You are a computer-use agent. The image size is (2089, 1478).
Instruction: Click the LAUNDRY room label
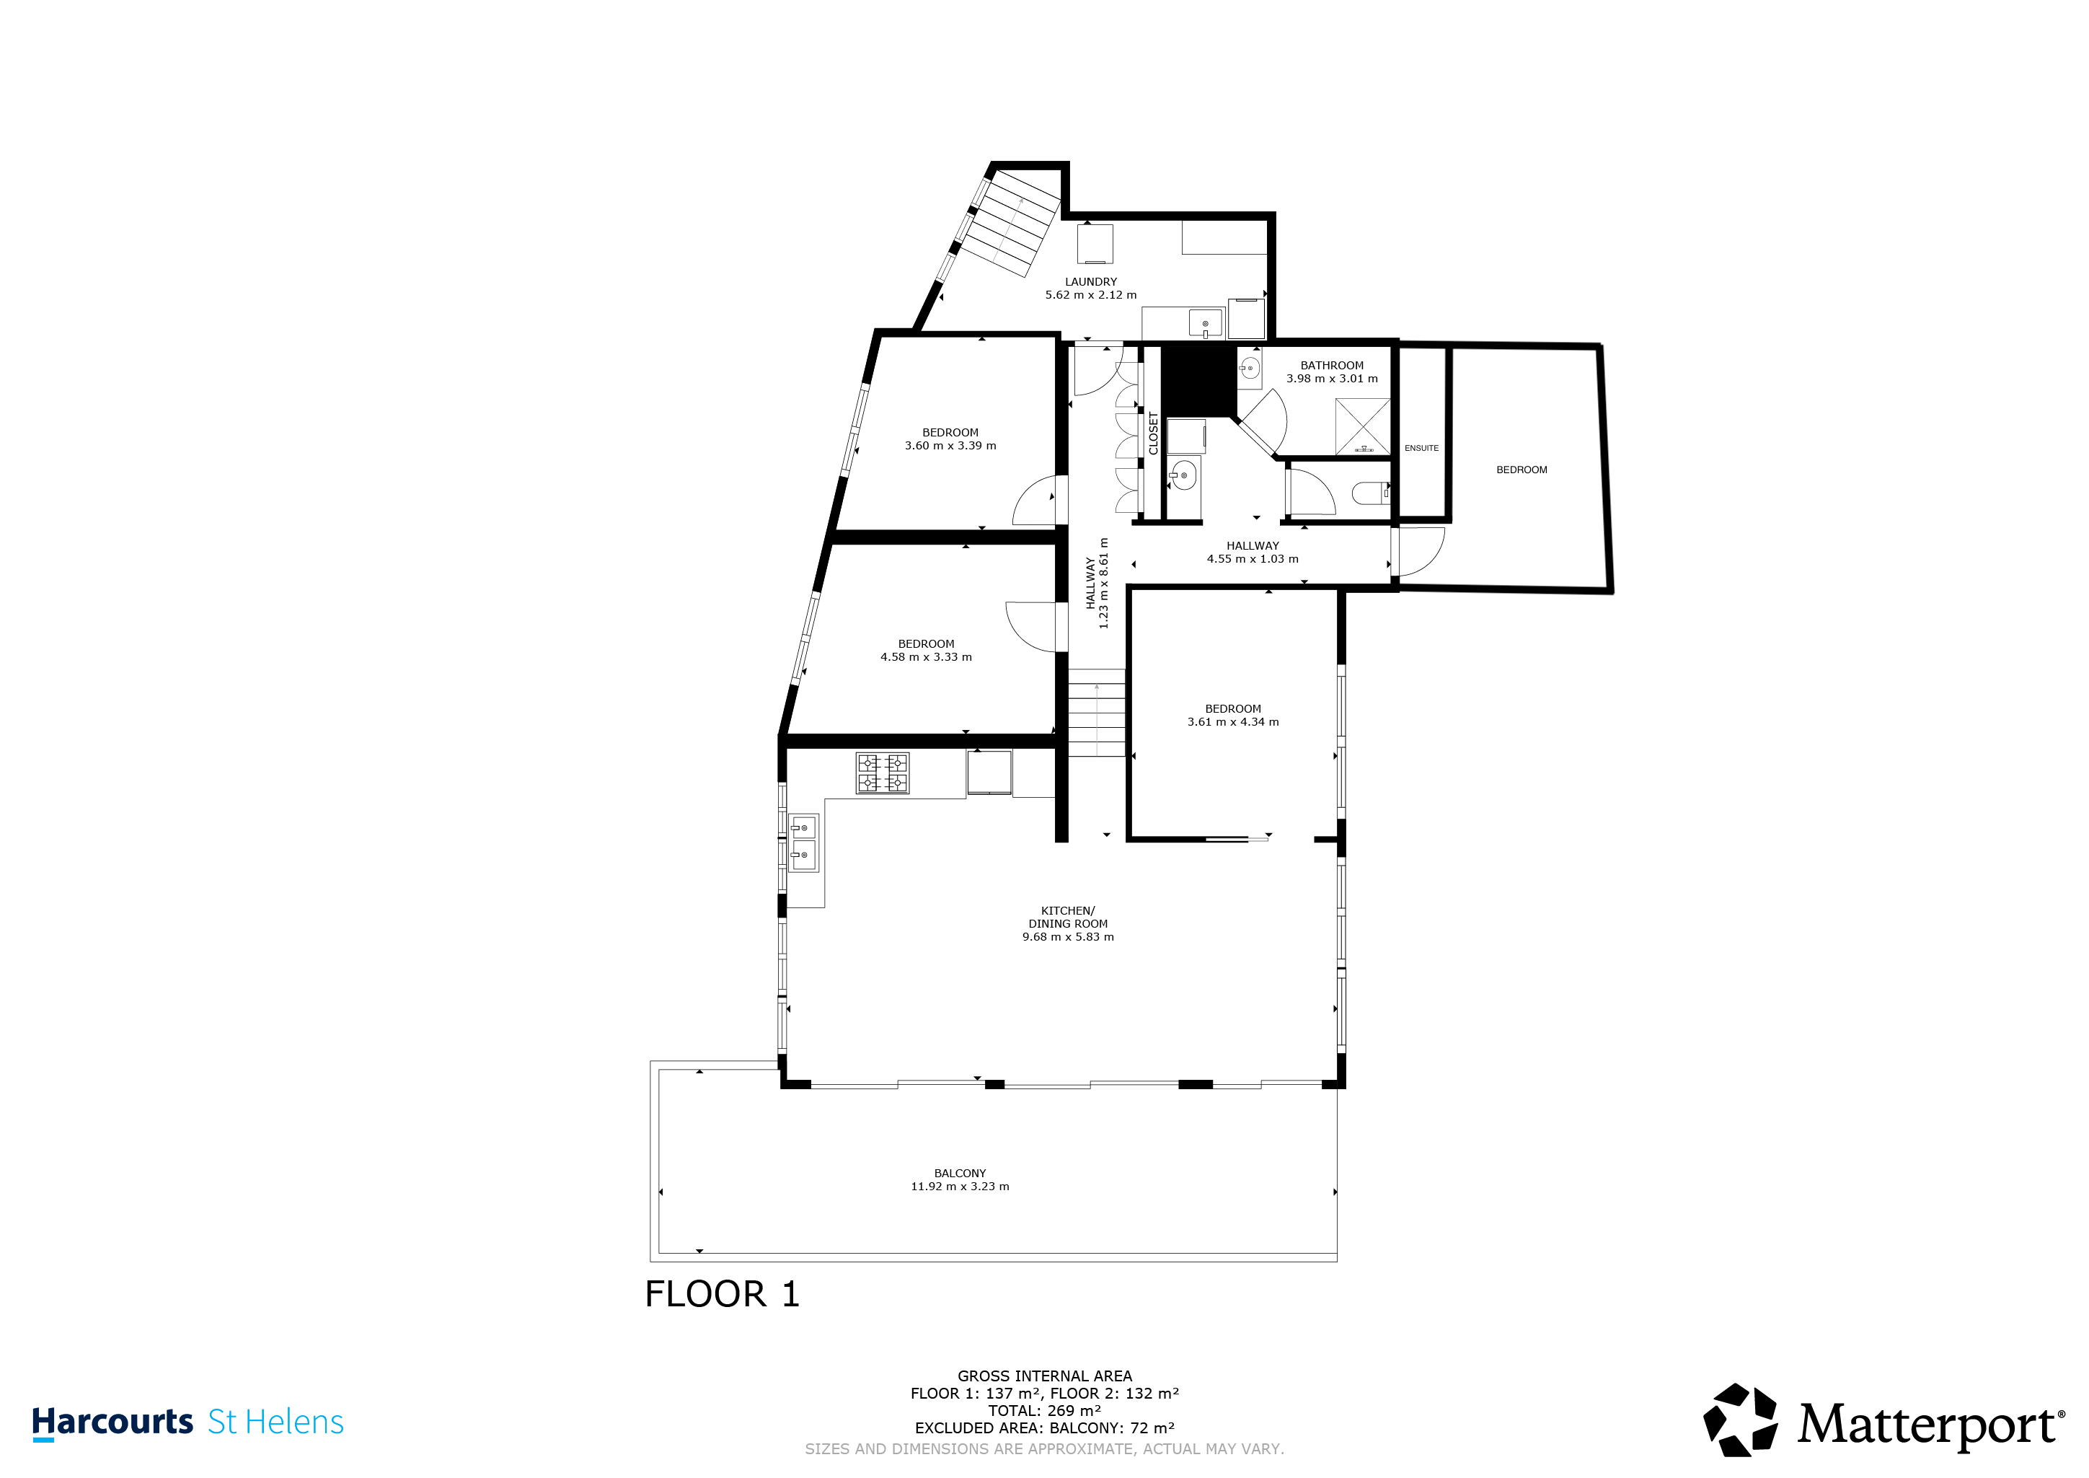1091,282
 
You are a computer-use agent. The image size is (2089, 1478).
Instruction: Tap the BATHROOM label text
1332,366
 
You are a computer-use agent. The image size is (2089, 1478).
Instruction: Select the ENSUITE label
1421,449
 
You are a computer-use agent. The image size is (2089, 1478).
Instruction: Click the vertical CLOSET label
1154,434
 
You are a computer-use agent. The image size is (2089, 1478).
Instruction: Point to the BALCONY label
960,1173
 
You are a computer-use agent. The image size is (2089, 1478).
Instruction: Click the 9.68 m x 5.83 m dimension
1068,936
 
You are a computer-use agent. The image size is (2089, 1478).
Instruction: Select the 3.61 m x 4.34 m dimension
1233,722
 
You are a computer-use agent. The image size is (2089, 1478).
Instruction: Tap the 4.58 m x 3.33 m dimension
926,657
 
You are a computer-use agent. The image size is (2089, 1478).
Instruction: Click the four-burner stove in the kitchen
883,773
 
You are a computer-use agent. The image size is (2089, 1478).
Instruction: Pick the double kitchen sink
803,842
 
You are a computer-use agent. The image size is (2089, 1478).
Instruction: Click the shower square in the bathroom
1363,426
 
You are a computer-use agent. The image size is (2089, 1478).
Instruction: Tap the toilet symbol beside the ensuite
1370,493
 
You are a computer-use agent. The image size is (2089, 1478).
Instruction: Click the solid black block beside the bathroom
1198,380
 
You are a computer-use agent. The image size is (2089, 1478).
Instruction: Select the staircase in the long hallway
1096,713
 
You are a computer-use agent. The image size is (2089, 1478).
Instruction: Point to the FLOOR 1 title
723,1294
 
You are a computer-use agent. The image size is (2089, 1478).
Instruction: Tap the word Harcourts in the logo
112,1422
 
